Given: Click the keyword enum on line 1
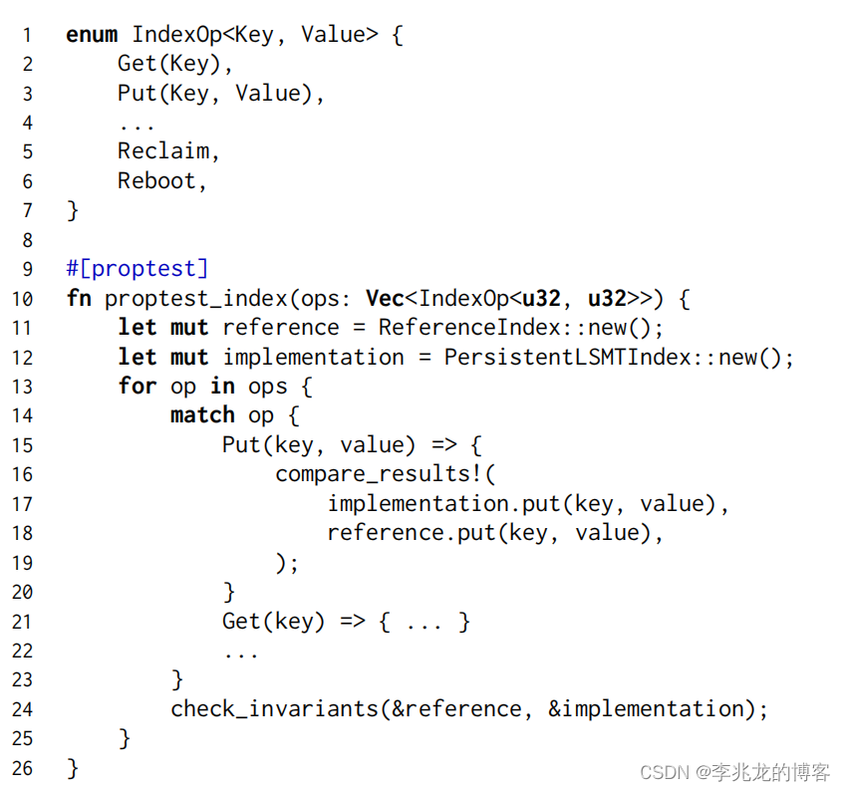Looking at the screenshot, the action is click(91, 35).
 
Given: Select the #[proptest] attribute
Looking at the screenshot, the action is click(138, 269).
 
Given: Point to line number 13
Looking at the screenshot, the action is click(22, 387).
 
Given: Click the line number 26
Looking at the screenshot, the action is click(22, 768).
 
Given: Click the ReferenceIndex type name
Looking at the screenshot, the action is click(443, 328).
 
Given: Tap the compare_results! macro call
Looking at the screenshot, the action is click(385, 474).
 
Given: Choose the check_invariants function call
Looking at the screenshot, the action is click(274, 709).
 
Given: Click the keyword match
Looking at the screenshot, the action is click(202, 415).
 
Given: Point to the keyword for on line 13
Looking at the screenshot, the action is click(138, 387).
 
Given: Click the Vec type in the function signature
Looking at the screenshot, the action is click(385, 298).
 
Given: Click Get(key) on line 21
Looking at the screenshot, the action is click(273, 622).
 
